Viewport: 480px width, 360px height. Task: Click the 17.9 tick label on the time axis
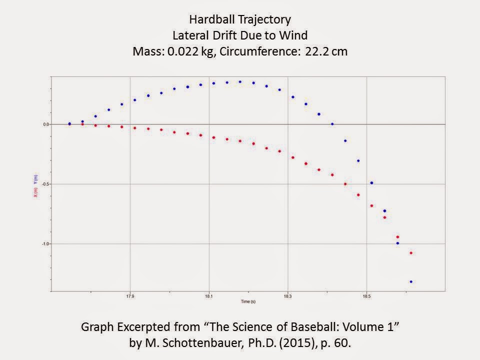[130, 295]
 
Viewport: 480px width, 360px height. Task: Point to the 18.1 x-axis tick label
[209, 295]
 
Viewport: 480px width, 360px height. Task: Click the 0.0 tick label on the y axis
[46, 124]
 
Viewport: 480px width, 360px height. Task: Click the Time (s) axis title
[248, 302]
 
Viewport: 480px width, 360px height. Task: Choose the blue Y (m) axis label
[35, 178]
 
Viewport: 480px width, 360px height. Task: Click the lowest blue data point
[411, 282]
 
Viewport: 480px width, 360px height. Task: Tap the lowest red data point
[411, 253]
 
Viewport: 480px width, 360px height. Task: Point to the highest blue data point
[240, 82]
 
